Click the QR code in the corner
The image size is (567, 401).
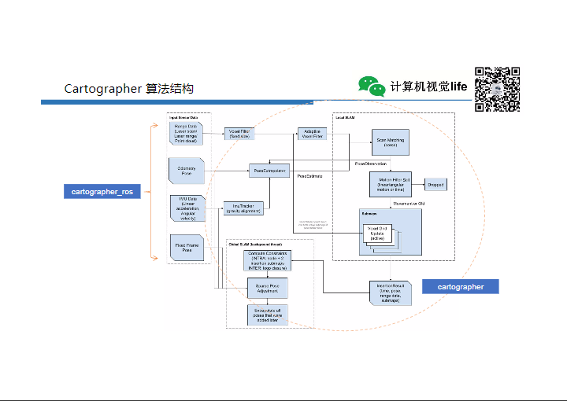click(498, 88)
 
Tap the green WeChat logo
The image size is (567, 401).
click(372, 86)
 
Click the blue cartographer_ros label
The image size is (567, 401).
click(102, 192)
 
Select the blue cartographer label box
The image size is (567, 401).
click(461, 287)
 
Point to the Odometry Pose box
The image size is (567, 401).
click(187, 170)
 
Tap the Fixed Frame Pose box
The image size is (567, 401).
click(187, 247)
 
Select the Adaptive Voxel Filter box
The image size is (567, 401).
click(312, 134)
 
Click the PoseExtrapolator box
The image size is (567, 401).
click(269, 170)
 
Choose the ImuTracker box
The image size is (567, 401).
click(243, 208)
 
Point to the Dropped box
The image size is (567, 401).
click(435, 185)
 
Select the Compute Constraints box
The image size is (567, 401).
click(268, 262)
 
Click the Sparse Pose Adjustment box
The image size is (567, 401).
click(268, 289)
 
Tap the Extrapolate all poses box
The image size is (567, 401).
click(268, 315)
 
